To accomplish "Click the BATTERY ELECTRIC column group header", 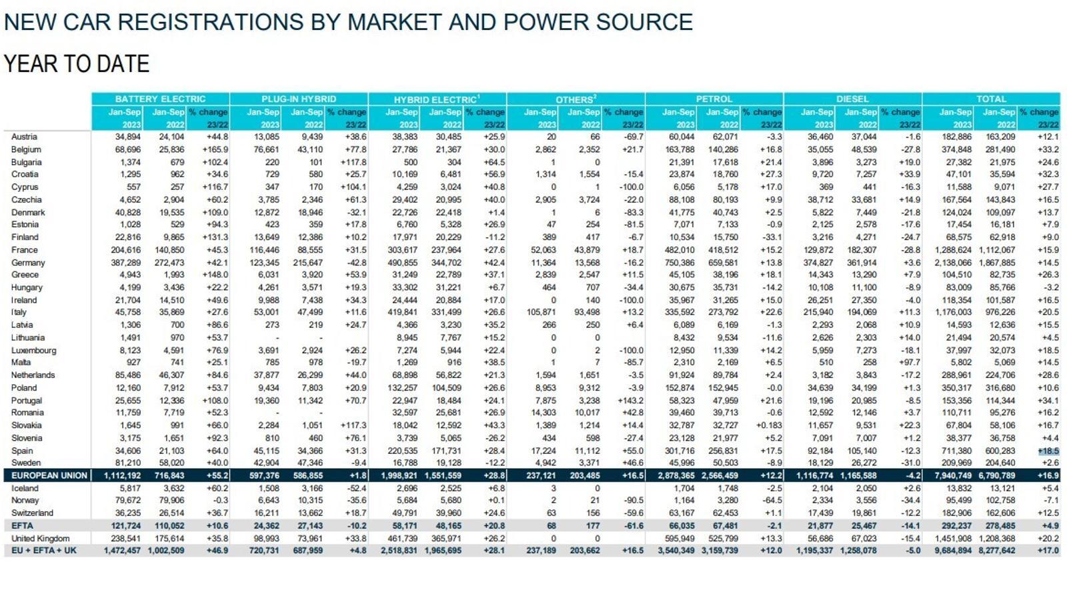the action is click(160, 99).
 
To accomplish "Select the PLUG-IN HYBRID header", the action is click(299, 99).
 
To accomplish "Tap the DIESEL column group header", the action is click(853, 99).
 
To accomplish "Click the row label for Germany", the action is click(28, 263).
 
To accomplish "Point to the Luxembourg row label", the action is click(34, 351).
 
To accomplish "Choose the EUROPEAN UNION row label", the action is click(49, 476).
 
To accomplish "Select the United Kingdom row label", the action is click(41, 539).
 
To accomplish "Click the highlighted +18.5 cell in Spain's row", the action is click(1049, 451).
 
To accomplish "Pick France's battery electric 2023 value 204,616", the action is click(126, 250).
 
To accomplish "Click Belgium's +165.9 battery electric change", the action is click(215, 149).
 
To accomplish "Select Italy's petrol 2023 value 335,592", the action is click(680, 313).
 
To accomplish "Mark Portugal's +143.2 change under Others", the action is click(630, 401).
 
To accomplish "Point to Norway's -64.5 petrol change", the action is click(771, 501).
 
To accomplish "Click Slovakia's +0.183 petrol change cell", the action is click(769, 426).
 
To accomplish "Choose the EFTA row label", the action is click(23, 526).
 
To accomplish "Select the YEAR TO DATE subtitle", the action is click(77, 64).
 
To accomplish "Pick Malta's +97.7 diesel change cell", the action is click(910, 363).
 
